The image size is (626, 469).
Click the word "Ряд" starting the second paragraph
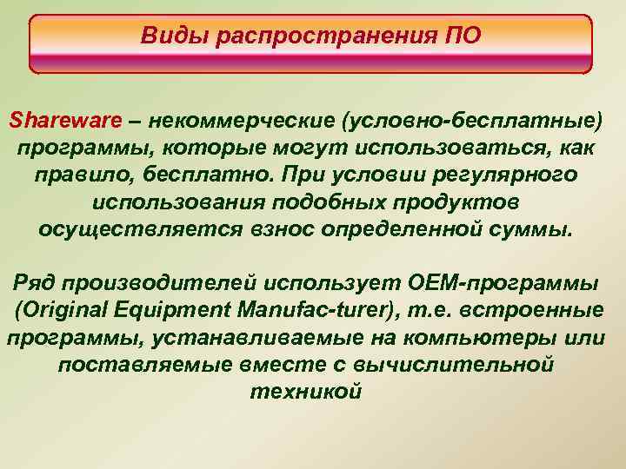click(34, 284)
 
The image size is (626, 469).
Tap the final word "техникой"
click(305, 393)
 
